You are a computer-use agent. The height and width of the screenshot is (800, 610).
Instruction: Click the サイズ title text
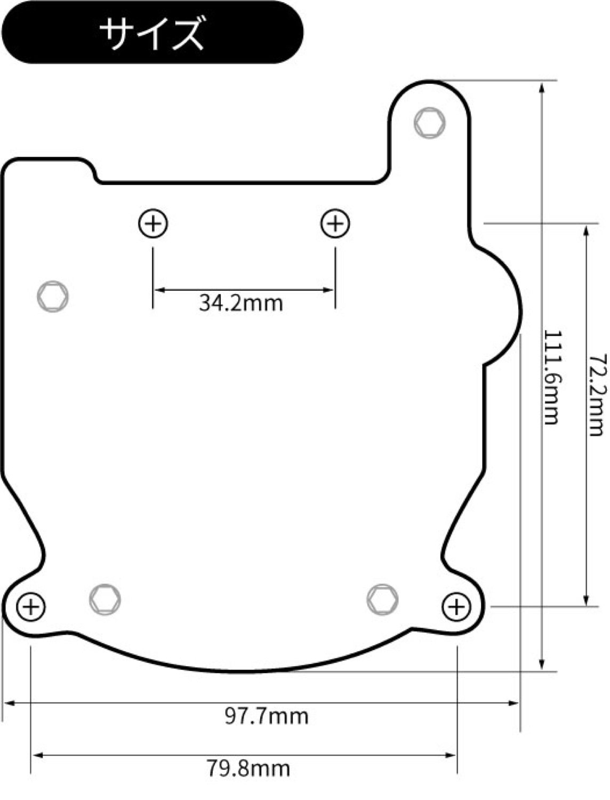[x=152, y=33]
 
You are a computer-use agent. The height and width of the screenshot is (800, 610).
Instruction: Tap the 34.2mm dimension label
[x=241, y=303]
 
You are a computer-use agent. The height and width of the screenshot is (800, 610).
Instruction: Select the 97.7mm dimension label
[x=266, y=716]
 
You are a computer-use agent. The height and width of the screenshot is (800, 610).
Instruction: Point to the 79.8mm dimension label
[x=248, y=769]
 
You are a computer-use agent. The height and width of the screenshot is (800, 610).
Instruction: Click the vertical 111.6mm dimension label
[x=551, y=377]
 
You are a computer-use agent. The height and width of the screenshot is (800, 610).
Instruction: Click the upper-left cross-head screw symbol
[x=154, y=223]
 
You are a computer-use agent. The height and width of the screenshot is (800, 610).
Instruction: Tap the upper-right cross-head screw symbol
[x=335, y=223]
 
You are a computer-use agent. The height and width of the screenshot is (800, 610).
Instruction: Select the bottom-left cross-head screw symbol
[x=31, y=607]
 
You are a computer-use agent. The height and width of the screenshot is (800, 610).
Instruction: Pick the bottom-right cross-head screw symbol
[x=456, y=607]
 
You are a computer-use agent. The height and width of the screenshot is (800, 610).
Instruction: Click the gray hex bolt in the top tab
[x=430, y=123]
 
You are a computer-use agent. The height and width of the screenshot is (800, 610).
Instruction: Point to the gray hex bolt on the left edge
[x=53, y=295]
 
